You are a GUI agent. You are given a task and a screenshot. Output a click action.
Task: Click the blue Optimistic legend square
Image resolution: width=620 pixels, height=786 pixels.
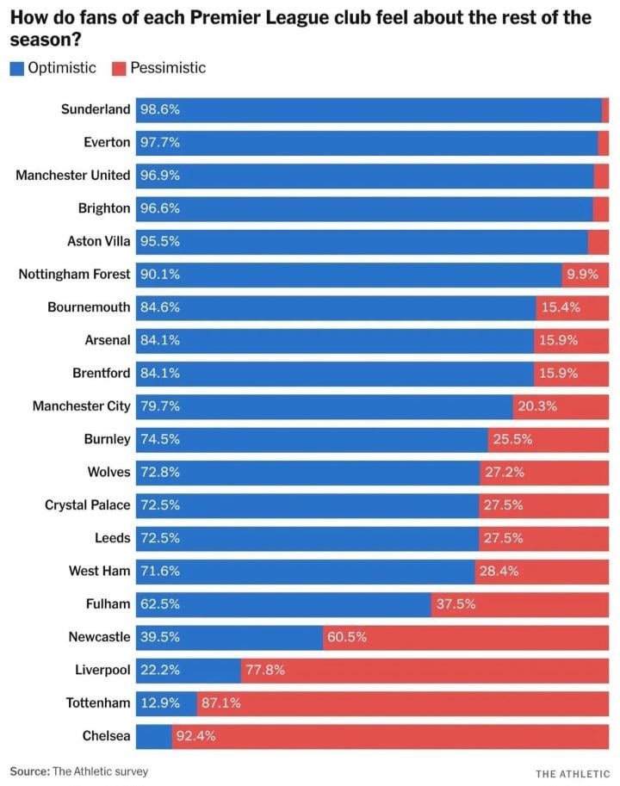pyautogui.click(x=17, y=68)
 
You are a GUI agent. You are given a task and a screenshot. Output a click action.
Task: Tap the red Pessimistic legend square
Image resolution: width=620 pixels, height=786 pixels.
pyautogui.click(x=119, y=68)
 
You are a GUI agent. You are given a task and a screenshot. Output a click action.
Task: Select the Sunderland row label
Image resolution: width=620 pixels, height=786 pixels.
pyautogui.click(x=96, y=109)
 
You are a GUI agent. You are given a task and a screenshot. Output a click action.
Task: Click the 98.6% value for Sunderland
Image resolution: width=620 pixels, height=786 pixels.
pyautogui.click(x=159, y=109)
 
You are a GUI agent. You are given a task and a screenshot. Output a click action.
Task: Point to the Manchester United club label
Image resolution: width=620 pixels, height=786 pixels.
pyautogui.click(x=73, y=176)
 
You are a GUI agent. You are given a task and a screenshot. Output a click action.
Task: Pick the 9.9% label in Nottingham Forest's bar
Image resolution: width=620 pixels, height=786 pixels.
pyautogui.click(x=585, y=275)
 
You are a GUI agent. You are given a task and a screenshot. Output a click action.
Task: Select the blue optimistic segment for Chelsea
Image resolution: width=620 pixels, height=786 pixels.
pyautogui.click(x=154, y=736)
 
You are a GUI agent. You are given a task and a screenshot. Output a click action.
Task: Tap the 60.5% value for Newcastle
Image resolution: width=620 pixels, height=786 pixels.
pyautogui.click(x=347, y=637)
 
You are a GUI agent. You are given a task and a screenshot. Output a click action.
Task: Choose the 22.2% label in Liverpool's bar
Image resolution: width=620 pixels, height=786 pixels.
pyautogui.click(x=159, y=670)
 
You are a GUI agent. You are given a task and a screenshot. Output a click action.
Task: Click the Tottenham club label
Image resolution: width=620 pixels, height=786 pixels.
pyautogui.click(x=98, y=703)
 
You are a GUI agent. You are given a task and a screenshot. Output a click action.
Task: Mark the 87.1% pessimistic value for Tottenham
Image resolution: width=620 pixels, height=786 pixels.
pyautogui.click(x=220, y=703)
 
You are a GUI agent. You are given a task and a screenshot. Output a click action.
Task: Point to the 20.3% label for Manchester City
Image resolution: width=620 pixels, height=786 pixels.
pyautogui.click(x=537, y=406)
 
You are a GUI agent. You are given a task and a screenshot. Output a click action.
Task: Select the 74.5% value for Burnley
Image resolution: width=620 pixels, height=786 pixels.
pyautogui.click(x=159, y=439)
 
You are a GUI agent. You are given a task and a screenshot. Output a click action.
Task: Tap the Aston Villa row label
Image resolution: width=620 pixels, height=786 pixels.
pyautogui.click(x=98, y=242)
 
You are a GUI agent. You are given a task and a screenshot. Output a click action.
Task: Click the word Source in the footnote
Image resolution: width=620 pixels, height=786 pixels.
pyautogui.click(x=29, y=771)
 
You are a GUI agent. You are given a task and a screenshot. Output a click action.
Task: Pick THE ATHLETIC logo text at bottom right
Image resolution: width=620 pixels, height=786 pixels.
pyautogui.click(x=572, y=773)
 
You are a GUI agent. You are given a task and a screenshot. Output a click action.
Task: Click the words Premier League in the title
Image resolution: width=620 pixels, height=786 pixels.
pyautogui.click(x=315, y=18)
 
